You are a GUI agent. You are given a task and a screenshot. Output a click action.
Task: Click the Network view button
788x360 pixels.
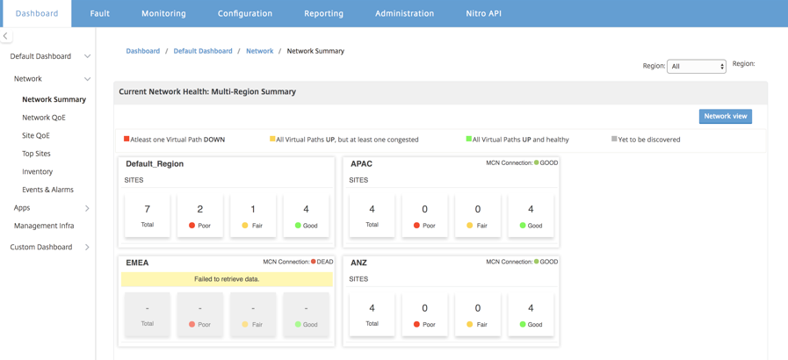[725, 116]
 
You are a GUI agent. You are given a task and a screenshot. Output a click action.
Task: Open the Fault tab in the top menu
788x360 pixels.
[100, 13]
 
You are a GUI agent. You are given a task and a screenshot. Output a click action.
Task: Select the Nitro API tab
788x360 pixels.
[483, 13]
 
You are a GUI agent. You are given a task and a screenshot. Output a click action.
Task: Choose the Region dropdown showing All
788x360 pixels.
[696, 66]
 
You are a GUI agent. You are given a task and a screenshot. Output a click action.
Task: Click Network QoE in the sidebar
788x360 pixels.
[44, 118]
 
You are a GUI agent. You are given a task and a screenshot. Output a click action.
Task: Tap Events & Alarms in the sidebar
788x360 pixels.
[47, 190]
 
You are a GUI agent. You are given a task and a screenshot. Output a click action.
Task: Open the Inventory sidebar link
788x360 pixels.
[37, 172]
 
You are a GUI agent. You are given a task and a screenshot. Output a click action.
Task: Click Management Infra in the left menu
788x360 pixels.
[44, 226]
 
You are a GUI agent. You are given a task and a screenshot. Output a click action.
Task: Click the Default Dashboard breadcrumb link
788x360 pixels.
[203, 51]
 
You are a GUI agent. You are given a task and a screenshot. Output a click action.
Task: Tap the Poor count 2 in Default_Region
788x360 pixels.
[200, 209]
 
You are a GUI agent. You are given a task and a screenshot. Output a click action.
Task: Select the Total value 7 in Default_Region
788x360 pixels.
[148, 209]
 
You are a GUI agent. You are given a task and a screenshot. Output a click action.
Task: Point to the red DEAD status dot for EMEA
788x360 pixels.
[313, 262]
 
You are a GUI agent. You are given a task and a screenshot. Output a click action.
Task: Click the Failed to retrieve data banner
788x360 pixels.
[227, 279]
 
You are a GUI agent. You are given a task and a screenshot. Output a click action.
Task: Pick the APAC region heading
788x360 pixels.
[360, 163]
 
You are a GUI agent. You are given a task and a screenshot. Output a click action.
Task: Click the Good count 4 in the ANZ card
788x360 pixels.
[531, 308]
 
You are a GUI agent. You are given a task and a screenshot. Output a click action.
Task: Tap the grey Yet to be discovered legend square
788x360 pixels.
[614, 139]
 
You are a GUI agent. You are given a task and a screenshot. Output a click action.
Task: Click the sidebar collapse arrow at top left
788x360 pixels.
[5, 36]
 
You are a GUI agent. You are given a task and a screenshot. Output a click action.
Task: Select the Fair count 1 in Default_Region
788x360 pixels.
[253, 209]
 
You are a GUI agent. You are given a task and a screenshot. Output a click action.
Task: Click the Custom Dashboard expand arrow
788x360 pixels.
[88, 247]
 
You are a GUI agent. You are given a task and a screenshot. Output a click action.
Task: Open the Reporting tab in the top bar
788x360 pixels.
[323, 13]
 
